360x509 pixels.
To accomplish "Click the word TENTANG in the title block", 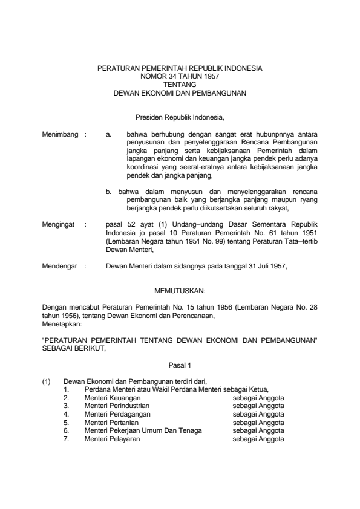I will tap(180, 85).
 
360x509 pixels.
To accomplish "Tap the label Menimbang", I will tap(60, 134).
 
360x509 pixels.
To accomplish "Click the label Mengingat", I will tap(59, 224).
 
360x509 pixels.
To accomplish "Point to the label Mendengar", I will tap(60, 265).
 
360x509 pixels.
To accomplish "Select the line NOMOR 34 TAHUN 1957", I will tap(180, 77).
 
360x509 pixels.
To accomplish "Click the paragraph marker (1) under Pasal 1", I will tap(46, 381).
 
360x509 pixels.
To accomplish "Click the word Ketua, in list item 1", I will tap(258, 389).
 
